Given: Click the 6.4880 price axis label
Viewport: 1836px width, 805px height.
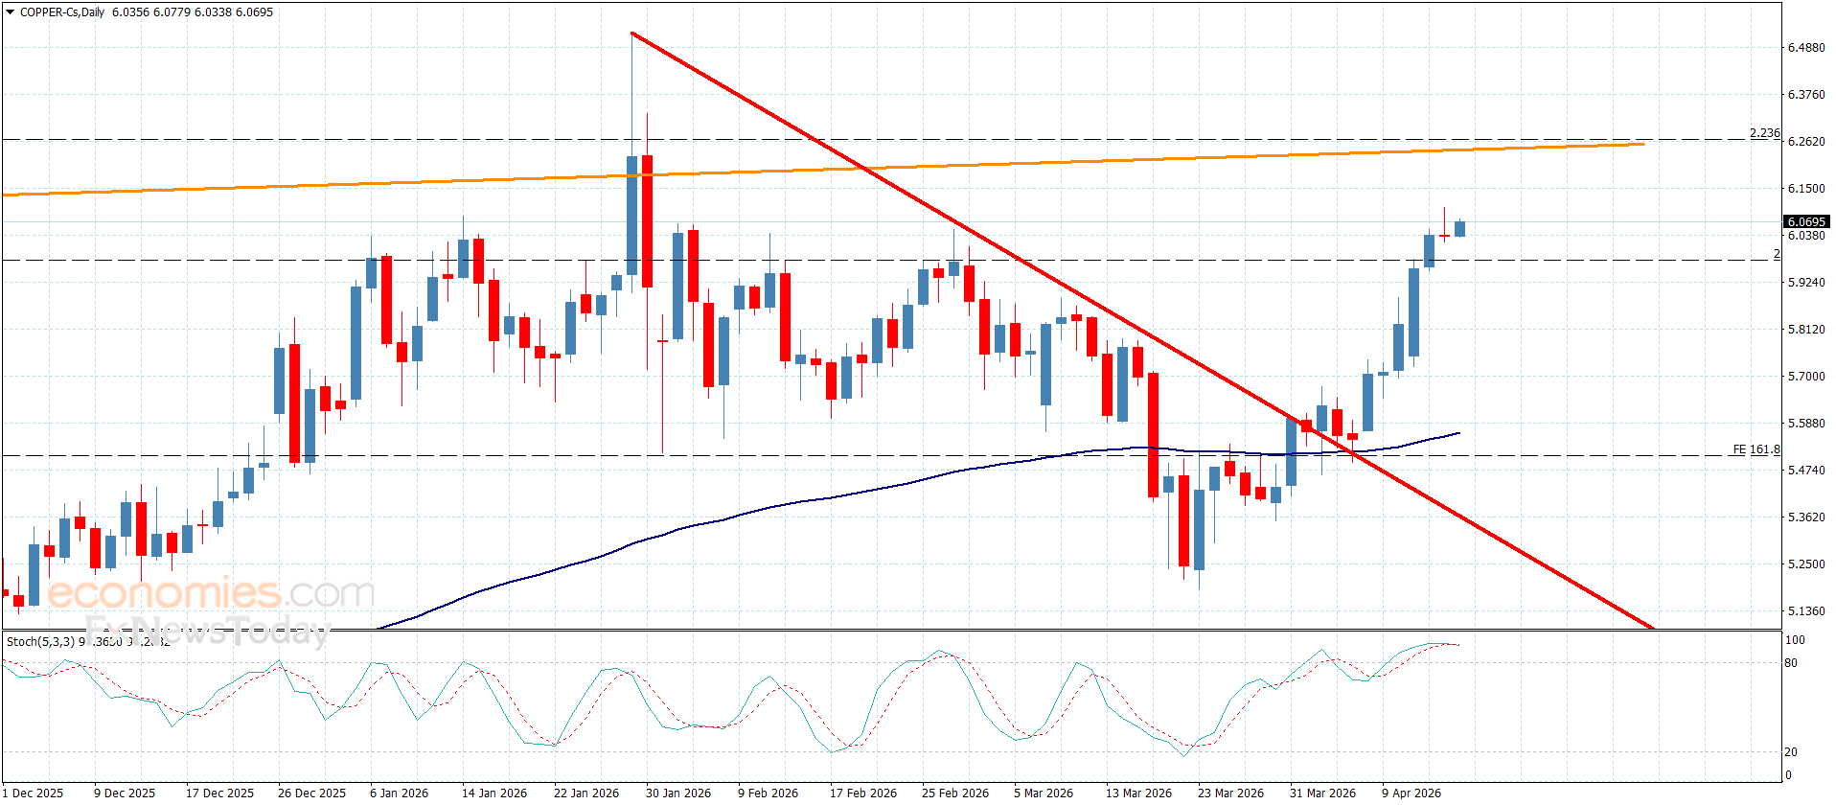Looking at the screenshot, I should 1805,48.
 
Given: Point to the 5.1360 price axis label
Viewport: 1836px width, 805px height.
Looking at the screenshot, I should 1805,611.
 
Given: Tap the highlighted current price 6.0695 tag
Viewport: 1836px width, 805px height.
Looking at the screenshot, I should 1806,222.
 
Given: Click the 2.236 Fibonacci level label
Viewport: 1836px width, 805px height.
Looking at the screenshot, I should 1764,134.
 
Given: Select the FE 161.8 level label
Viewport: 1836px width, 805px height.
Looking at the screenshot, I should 1756,449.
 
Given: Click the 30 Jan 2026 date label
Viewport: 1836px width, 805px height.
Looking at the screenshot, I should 678,793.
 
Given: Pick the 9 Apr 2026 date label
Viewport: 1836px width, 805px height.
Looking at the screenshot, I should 1411,793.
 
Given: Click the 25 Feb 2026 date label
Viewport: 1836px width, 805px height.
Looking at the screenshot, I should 954,793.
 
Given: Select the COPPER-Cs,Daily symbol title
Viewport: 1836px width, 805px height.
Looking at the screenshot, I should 62,12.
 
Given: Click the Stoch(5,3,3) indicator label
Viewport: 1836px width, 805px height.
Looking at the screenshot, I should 41,641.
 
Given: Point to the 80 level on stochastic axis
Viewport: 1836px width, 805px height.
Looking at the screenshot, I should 1791,663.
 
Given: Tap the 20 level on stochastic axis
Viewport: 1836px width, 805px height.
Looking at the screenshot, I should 1791,752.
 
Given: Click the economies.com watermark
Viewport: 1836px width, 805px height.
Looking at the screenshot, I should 211,593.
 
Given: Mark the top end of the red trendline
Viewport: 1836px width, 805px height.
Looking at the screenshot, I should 632,34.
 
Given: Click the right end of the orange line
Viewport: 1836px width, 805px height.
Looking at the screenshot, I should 1643,145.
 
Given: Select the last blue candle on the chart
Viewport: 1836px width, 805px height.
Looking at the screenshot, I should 1459,228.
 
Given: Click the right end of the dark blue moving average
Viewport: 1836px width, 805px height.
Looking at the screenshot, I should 1458,433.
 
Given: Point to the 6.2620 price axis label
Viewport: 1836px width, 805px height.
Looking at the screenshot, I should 1805,142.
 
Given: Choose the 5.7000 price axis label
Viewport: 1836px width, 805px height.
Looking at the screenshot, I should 1805,377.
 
